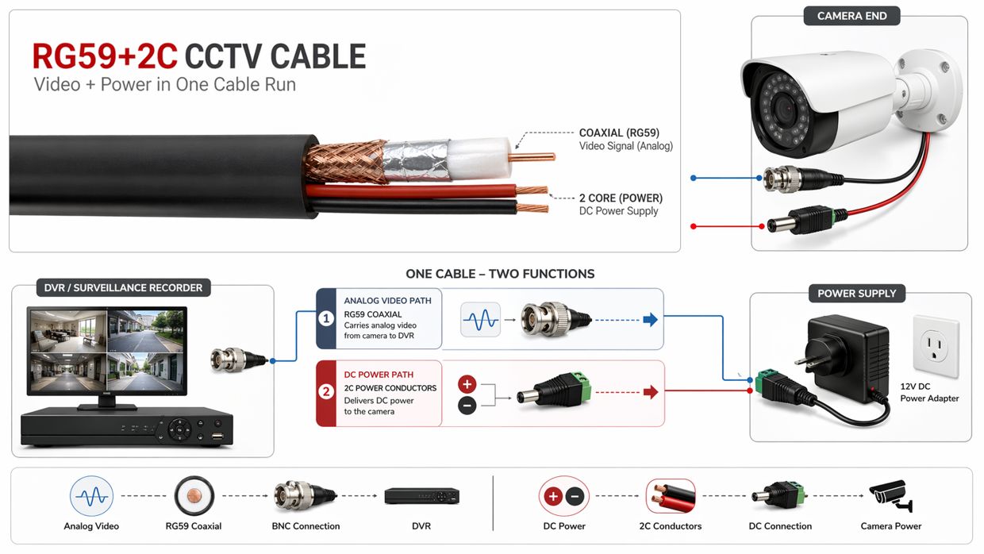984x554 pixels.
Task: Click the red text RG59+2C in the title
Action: click(105, 57)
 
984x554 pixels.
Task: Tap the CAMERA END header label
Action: click(851, 16)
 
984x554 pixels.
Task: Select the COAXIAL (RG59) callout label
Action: click(619, 133)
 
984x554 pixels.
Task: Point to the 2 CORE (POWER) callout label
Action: click(620, 198)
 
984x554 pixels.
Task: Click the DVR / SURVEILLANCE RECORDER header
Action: click(123, 287)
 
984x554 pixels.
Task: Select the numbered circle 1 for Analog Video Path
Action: click(326, 318)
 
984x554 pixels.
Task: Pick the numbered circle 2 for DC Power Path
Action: click(326, 391)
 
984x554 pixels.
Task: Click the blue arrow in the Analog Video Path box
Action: click(650, 320)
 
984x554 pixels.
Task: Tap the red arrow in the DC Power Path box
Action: click(650, 392)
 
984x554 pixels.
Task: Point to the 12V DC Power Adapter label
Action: click(929, 392)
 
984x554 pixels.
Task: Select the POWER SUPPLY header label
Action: click(856, 294)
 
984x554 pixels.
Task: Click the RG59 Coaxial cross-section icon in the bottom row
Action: click(194, 497)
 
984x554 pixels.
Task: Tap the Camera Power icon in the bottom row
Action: click(890, 497)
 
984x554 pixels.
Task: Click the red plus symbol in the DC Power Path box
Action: click(467, 384)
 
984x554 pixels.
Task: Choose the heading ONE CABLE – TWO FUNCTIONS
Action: click(500, 274)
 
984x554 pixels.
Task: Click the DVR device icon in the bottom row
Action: click(421, 496)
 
